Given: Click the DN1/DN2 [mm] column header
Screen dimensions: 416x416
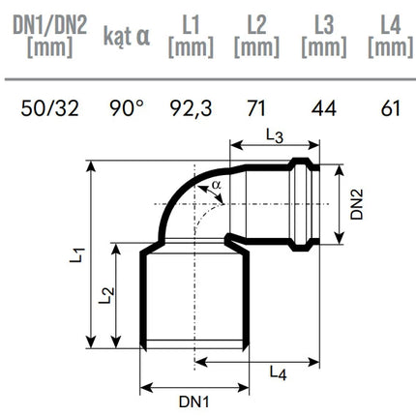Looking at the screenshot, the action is (50, 37).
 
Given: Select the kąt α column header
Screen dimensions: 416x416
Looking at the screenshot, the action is (127, 36).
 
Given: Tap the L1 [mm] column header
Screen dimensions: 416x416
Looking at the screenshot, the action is (191, 37).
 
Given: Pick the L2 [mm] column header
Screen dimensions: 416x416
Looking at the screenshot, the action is (256, 37).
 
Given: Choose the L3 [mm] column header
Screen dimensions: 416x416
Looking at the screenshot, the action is (324, 37).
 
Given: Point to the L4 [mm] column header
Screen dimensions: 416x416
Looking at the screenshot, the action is (391, 37).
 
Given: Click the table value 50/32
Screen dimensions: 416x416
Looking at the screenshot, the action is (50, 108).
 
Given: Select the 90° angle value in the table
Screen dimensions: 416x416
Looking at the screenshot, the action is (127, 108).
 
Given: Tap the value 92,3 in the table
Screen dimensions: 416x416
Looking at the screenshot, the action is (191, 108).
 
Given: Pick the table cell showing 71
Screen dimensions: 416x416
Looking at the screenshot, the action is (256, 108).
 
